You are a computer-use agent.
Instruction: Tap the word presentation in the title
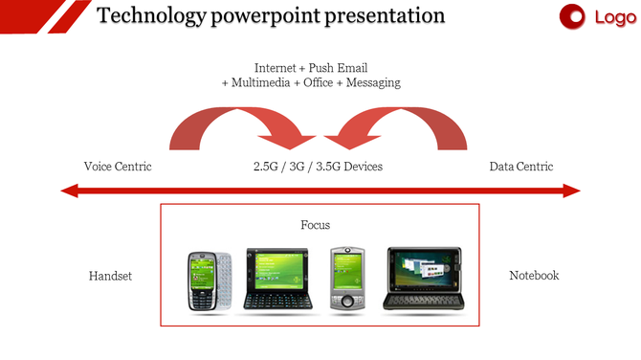tap(385, 15)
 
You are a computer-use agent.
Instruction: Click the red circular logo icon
tap(572, 16)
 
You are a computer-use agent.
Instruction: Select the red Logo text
tap(614, 16)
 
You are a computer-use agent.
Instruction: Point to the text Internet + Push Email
tap(310, 68)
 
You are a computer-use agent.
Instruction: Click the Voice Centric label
tap(118, 167)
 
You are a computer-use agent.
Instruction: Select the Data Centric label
tap(520, 167)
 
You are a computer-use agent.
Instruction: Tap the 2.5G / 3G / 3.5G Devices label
tap(318, 167)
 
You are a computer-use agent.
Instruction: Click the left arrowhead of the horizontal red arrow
tap(70, 191)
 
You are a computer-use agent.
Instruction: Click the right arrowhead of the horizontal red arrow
tap(571, 191)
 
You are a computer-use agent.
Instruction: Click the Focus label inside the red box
tap(316, 225)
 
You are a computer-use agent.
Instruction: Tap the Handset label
tap(110, 276)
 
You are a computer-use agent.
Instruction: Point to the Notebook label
tap(533, 276)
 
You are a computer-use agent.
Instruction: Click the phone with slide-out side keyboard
tap(210, 281)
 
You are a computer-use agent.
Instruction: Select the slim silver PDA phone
tap(347, 279)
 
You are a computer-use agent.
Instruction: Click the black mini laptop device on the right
tap(422, 279)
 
